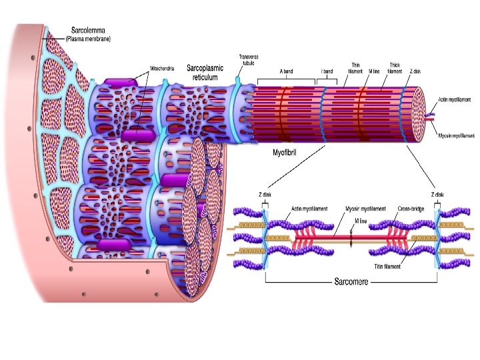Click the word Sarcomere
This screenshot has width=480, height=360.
pyautogui.click(x=351, y=282)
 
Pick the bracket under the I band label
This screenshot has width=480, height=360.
pyautogui.click(x=327, y=80)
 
